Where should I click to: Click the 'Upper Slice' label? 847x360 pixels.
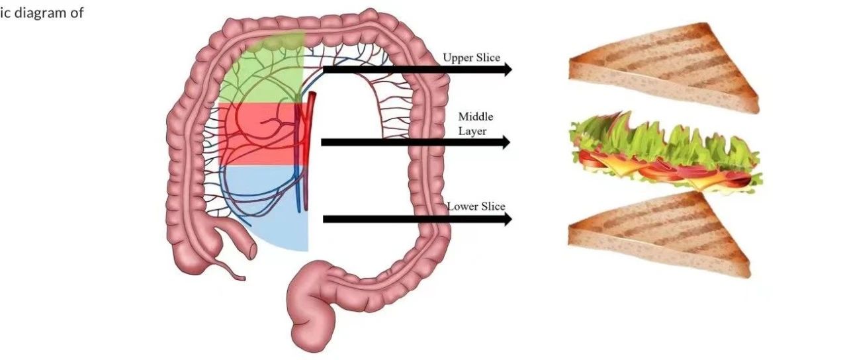tap(471, 58)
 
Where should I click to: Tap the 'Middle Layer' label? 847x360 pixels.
tap(476, 124)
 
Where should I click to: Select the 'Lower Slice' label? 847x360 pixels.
tap(476, 206)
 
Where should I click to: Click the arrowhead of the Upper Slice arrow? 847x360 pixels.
tap(508, 69)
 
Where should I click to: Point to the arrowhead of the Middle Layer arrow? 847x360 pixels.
tap(506, 142)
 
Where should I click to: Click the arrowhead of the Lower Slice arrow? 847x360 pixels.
tap(508, 220)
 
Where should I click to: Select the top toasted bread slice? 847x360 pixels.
tap(662, 66)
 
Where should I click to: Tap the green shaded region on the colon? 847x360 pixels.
tap(261, 73)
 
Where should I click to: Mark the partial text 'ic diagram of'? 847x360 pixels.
tap(41, 13)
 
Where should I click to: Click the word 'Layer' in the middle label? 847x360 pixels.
tap(472, 131)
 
